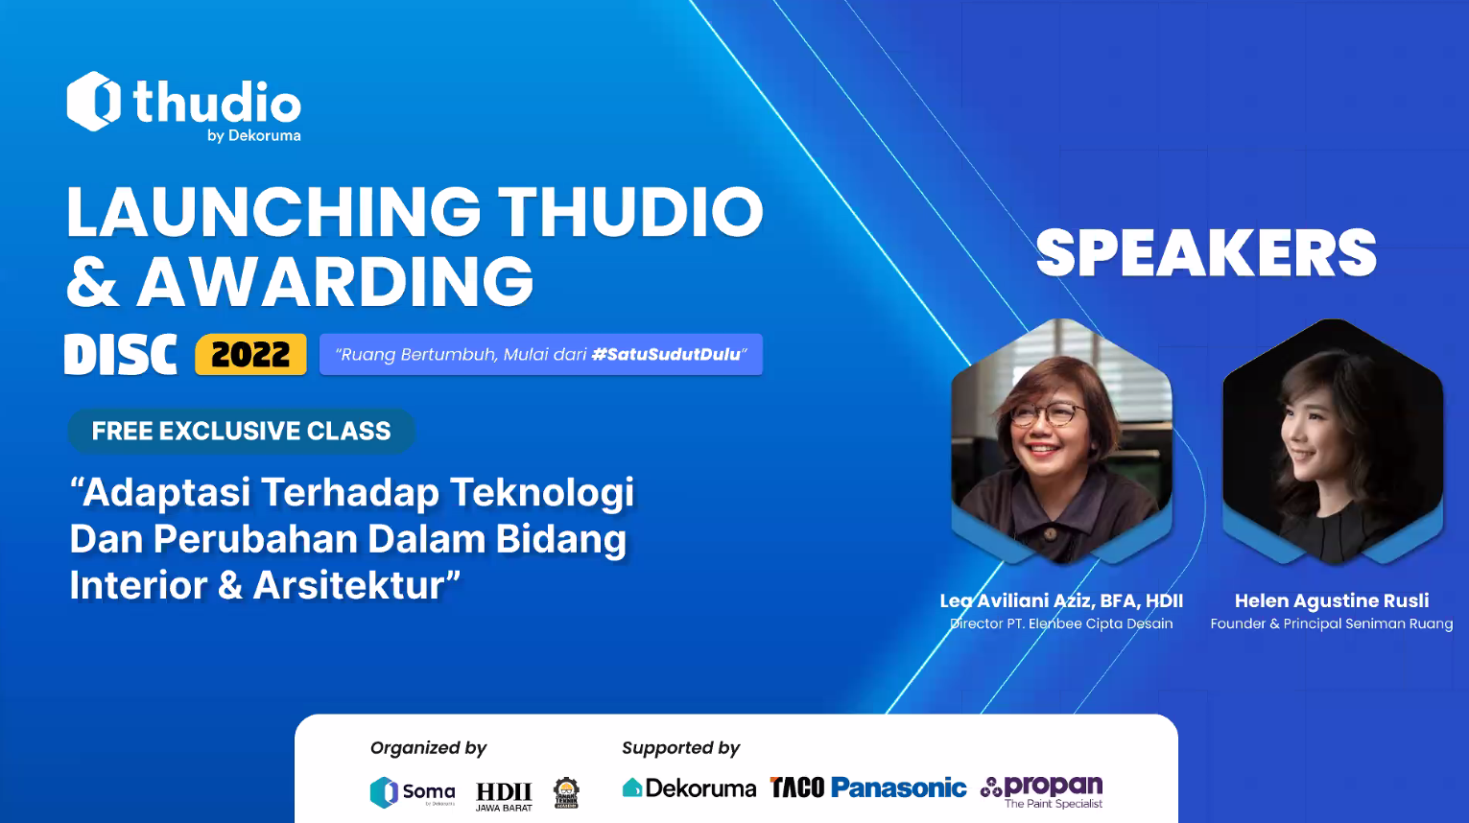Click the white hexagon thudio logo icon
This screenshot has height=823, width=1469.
tap(94, 101)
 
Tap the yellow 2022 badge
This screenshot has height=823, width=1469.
tap(250, 354)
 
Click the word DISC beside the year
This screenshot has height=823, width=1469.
tap(121, 354)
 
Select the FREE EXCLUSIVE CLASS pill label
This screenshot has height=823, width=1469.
tap(242, 431)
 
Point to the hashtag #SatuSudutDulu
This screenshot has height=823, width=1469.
tap(666, 355)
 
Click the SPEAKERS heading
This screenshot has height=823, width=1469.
tap(1206, 253)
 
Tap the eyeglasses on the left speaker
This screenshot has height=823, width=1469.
tap(1047, 413)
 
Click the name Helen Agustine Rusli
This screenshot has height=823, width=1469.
tap(1331, 600)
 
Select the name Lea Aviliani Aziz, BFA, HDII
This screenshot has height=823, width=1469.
tap(1061, 600)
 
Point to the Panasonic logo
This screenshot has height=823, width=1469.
tap(898, 788)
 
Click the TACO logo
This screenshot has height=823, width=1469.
tap(796, 788)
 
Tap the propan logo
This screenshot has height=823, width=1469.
tap(1042, 791)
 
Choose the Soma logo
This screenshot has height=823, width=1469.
tap(413, 792)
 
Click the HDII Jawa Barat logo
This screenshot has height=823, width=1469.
tap(504, 796)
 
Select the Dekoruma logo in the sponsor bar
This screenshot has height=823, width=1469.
tap(689, 788)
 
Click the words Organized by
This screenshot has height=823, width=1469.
tap(428, 748)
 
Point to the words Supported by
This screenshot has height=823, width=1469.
tap(680, 748)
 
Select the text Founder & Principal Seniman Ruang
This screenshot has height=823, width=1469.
tap(1331, 623)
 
